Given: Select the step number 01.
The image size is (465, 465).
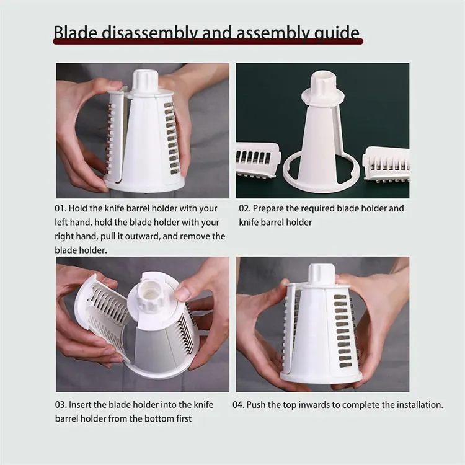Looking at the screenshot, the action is point(61,208).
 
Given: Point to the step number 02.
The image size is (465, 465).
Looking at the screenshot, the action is point(245,208).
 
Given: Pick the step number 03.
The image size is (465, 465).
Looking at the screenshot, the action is point(61,405).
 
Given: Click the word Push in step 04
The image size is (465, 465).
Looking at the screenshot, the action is point(256,405).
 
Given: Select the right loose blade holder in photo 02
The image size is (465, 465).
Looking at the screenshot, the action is point(386,164).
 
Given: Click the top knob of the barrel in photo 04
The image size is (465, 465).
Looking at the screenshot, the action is point(321,274).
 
